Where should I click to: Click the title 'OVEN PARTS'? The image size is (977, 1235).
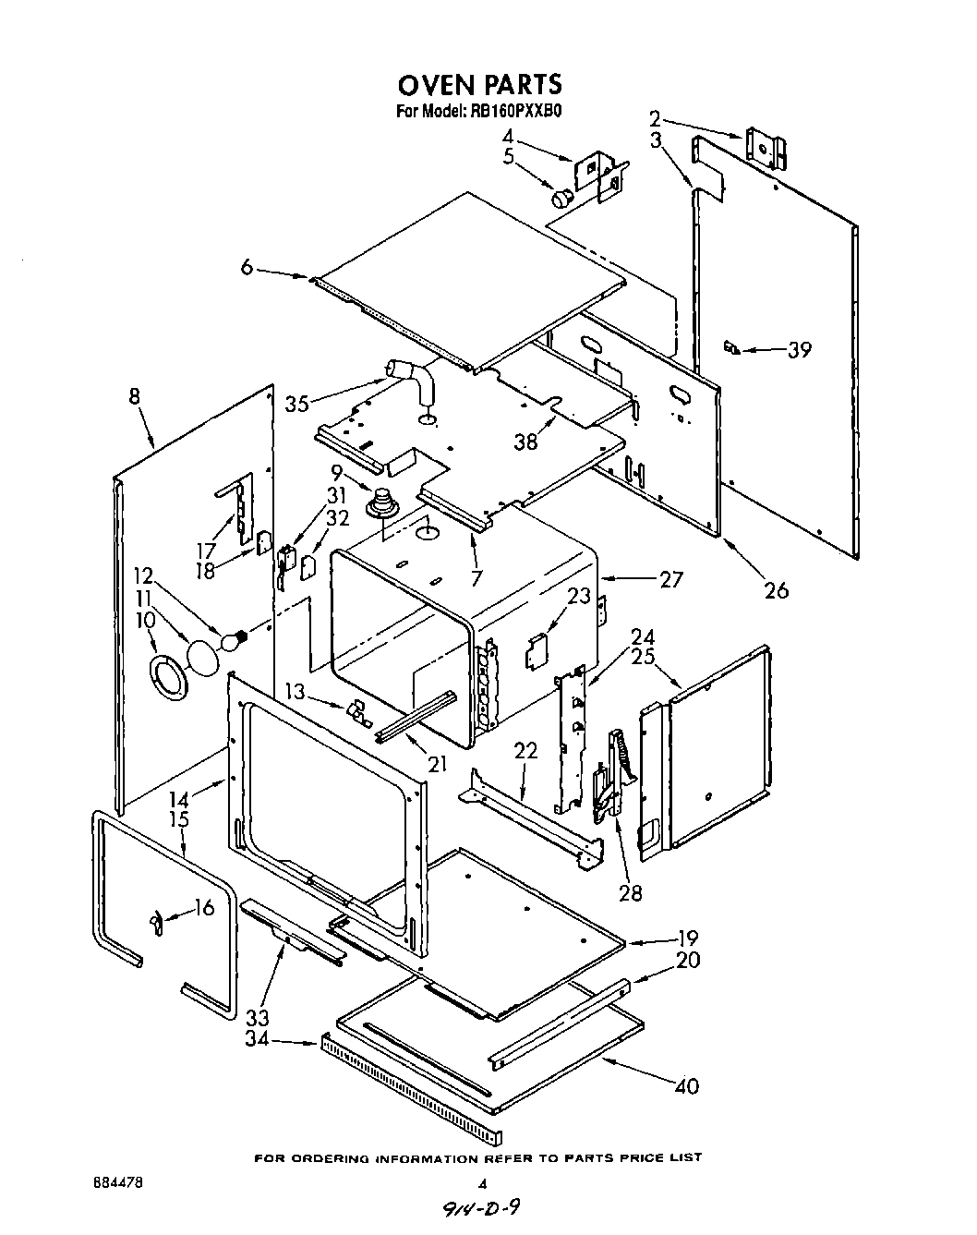click(479, 84)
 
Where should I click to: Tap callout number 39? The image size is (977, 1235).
click(799, 349)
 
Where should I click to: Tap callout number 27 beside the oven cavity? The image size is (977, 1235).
click(670, 579)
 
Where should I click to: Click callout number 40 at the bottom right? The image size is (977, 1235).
click(686, 1086)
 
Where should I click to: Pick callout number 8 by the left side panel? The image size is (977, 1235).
click(135, 397)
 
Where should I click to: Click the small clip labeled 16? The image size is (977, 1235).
click(156, 919)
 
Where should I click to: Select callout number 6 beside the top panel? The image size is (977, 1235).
click(246, 267)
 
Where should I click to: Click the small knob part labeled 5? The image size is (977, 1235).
click(561, 197)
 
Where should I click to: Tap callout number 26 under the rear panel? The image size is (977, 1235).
click(777, 588)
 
